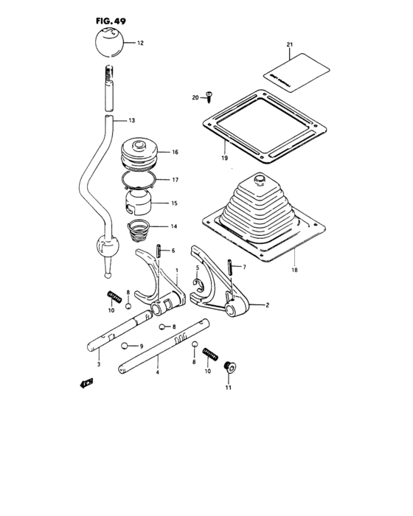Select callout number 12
(141, 43)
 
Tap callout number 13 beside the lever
(132, 121)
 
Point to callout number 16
(176, 153)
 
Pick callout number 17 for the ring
(176, 179)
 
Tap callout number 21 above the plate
(290, 46)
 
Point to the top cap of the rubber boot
(259, 179)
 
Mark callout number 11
(228, 388)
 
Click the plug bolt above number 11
(228, 366)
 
